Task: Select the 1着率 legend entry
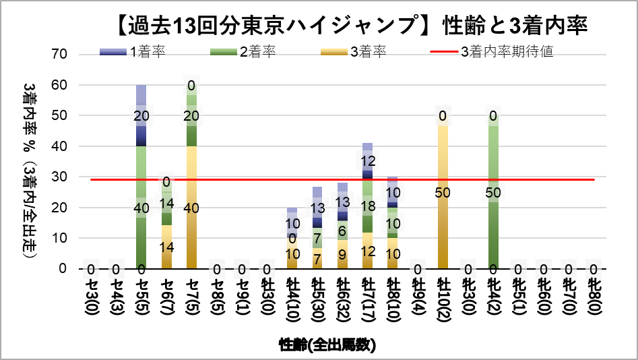click(x=139, y=52)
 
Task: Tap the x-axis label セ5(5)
click(x=141, y=296)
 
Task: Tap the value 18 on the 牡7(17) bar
click(x=368, y=206)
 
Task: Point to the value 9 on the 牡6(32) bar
click(x=342, y=255)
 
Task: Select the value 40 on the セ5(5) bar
click(x=141, y=208)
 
